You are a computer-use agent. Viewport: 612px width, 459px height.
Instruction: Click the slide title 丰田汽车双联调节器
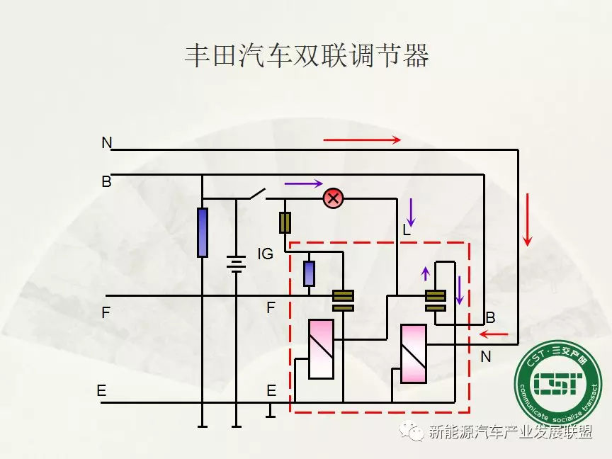coord(306,56)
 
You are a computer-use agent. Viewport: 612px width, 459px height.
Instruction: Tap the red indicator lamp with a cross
coord(333,198)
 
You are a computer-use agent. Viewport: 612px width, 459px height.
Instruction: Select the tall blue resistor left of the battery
coord(203,232)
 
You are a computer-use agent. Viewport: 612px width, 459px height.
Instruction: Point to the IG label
coord(265,254)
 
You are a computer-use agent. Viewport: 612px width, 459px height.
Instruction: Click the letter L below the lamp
coord(407,230)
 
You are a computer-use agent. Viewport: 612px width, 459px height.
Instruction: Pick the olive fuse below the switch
coord(285,222)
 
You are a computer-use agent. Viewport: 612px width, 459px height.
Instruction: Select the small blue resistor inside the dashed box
coord(309,273)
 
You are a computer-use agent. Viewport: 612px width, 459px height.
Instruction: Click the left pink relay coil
coord(321,348)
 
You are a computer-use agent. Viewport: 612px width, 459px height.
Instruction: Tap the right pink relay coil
coord(413,353)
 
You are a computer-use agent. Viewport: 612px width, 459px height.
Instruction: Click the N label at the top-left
coord(106,143)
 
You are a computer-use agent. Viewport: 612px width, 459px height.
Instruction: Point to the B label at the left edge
coord(106,182)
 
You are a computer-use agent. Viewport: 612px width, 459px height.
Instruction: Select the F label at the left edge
coord(106,312)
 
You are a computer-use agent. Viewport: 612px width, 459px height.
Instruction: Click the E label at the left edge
coord(101,390)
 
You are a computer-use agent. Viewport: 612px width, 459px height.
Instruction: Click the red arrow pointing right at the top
coord(362,140)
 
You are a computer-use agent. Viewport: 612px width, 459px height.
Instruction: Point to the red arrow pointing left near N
coord(494,334)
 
